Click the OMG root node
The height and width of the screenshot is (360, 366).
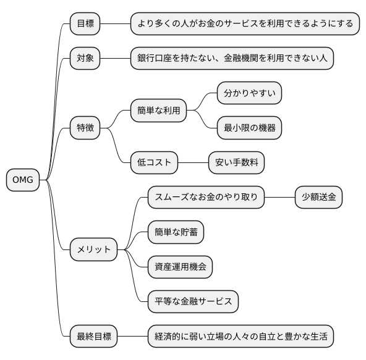(23, 180)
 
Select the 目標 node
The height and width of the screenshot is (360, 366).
(85, 23)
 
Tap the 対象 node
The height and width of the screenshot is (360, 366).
(85, 59)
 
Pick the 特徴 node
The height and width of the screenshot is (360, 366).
(85, 128)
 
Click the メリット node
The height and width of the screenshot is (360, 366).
(93, 249)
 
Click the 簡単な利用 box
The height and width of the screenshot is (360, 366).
(158, 111)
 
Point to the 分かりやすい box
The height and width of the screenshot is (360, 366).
(249, 93)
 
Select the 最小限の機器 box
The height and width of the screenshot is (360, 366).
(249, 128)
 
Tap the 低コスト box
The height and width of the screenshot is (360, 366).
(154, 163)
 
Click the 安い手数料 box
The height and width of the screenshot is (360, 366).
(236, 163)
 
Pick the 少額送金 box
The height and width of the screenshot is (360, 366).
(318, 198)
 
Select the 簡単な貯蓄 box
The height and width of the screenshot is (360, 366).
(176, 232)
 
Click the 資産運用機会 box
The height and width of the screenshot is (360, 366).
(180, 267)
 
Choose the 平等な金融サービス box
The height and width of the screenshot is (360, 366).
(193, 302)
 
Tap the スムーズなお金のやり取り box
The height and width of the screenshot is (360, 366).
(206, 198)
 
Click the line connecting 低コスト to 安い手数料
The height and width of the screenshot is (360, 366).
(193, 163)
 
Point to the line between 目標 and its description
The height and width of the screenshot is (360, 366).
(115, 23)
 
